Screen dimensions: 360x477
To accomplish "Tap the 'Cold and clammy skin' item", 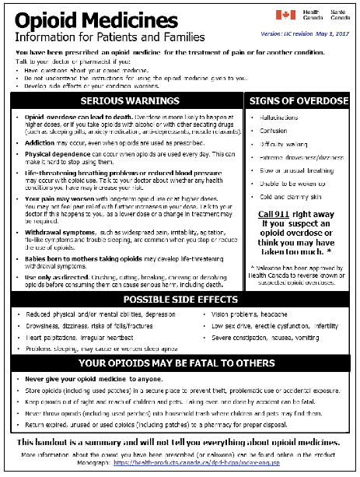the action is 283,197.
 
